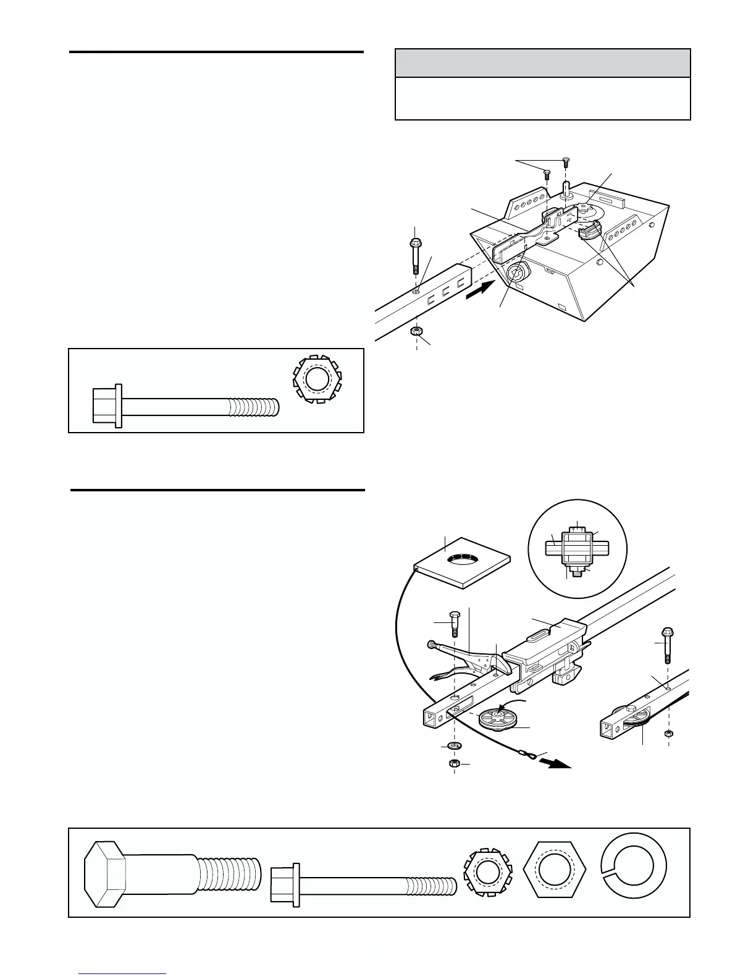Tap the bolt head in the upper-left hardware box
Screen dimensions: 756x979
[107, 405]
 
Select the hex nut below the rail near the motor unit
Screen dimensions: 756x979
[416, 331]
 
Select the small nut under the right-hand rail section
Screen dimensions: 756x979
[668, 733]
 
